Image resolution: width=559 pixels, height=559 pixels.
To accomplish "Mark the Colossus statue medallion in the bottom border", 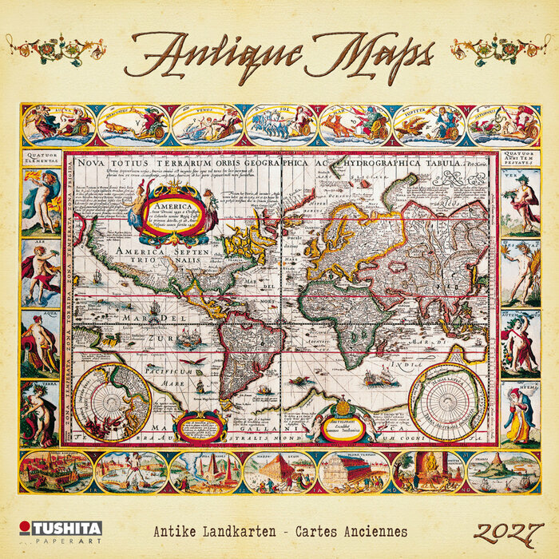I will (131, 471).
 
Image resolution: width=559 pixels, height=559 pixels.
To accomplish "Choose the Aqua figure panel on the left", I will (40, 343).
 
